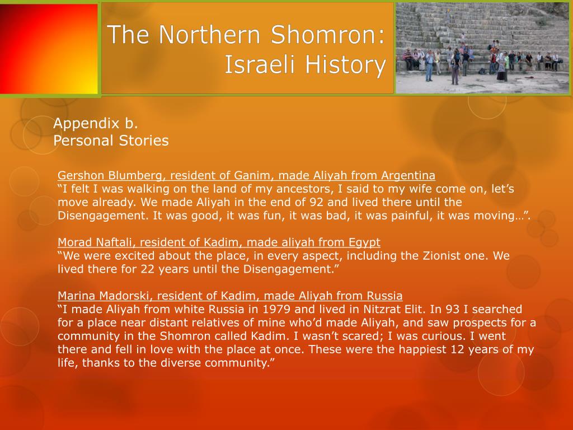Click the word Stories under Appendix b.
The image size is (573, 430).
click(144, 140)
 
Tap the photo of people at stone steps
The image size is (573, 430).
click(482, 47)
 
